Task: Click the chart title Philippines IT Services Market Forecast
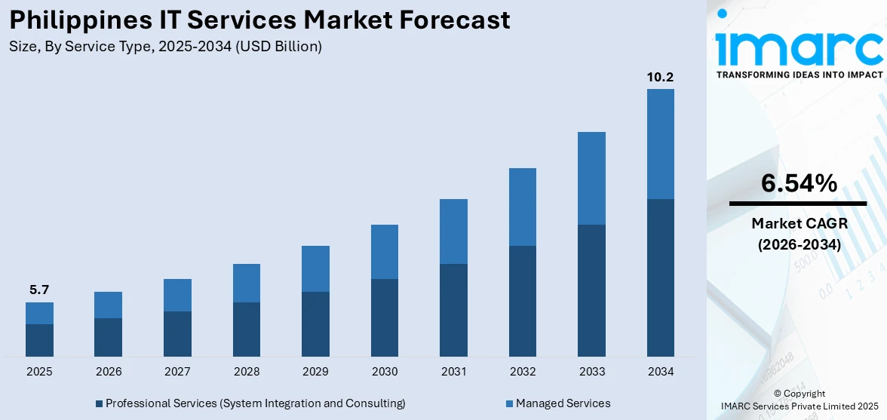tap(259, 20)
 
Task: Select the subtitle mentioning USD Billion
tap(166, 46)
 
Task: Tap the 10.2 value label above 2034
tap(660, 77)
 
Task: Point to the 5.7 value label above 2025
tap(39, 290)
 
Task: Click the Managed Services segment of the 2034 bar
tap(660, 143)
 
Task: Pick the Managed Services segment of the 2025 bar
tap(39, 313)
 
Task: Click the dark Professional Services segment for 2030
tap(385, 317)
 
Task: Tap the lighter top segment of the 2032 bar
tap(522, 207)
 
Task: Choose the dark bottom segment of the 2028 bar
tap(247, 329)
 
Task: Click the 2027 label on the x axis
tap(177, 372)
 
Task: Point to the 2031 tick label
tap(453, 372)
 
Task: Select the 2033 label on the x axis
tap(591, 372)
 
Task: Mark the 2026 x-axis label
tap(109, 372)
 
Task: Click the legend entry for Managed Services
tap(563, 403)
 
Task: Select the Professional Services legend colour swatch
tap(99, 404)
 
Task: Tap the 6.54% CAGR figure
tap(798, 183)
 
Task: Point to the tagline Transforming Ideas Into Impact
tap(799, 75)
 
